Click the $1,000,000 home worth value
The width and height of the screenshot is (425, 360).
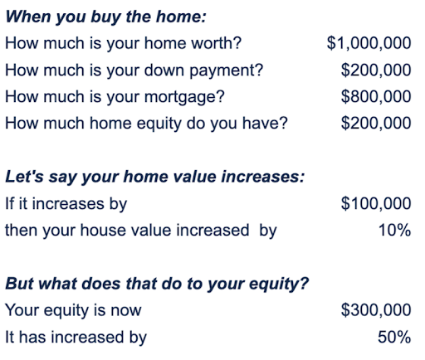point(369,43)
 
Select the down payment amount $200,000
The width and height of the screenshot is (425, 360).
point(376,70)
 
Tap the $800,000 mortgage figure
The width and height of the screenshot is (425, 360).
point(376,96)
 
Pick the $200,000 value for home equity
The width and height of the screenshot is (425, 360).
point(376,123)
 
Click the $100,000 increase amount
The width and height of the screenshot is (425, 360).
point(376,203)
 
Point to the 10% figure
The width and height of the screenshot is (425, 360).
point(394,230)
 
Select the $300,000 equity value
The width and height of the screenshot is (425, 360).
point(376,310)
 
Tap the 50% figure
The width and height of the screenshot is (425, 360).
point(394,337)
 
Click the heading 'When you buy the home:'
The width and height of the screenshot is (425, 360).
point(106,17)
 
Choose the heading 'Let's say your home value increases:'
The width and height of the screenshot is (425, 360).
point(155,177)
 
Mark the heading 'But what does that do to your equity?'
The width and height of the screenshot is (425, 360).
point(157,284)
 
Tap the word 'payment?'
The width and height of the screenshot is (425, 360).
point(227,71)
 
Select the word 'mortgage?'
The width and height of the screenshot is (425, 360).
point(184,98)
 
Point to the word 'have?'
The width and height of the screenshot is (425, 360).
point(265,123)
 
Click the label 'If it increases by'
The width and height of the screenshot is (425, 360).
point(66,204)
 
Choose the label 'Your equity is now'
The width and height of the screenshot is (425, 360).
point(73,311)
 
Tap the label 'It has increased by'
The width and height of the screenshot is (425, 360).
point(76,338)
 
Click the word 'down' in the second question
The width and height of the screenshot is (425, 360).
point(164,70)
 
